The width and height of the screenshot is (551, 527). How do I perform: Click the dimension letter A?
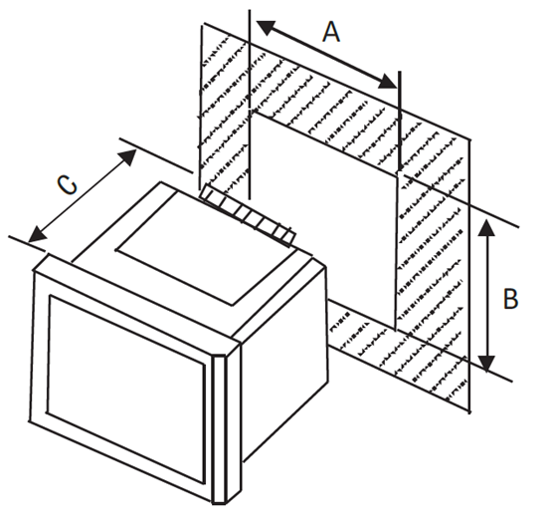[331, 33]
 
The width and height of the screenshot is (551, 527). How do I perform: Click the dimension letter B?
[510, 299]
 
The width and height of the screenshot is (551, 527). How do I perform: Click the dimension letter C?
[67, 185]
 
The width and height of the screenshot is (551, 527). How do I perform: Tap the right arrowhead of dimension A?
[388, 82]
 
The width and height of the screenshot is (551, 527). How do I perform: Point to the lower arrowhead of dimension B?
[487, 364]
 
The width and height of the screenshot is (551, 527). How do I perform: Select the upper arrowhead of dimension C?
[127, 156]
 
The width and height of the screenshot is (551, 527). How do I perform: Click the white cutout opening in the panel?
[325, 219]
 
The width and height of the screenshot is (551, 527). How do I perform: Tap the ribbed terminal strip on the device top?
[247, 215]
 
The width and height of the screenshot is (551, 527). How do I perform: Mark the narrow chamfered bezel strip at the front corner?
[220, 429]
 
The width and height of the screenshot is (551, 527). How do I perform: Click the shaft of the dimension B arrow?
[487, 296]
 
